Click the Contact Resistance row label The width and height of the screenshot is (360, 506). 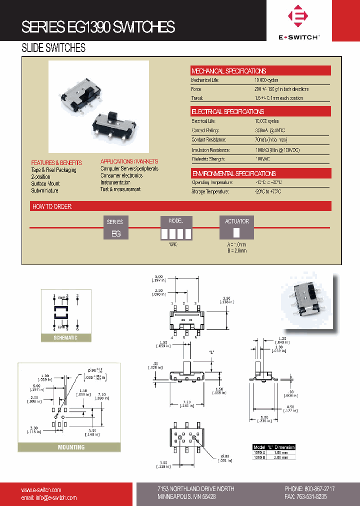pyautogui.click(x=209, y=140)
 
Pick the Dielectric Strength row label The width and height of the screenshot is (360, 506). pyautogui.click(x=208, y=159)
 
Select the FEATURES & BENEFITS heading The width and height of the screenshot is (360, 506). pyautogui.click(x=56, y=163)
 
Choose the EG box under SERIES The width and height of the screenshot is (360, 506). pyautogui.click(x=116, y=233)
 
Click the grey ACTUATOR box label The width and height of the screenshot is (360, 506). pyautogui.click(x=237, y=221)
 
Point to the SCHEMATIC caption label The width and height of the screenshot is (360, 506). pyautogui.click(x=66, y=338)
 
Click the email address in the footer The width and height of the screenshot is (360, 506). pyautogui.click(x=49, y=498)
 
